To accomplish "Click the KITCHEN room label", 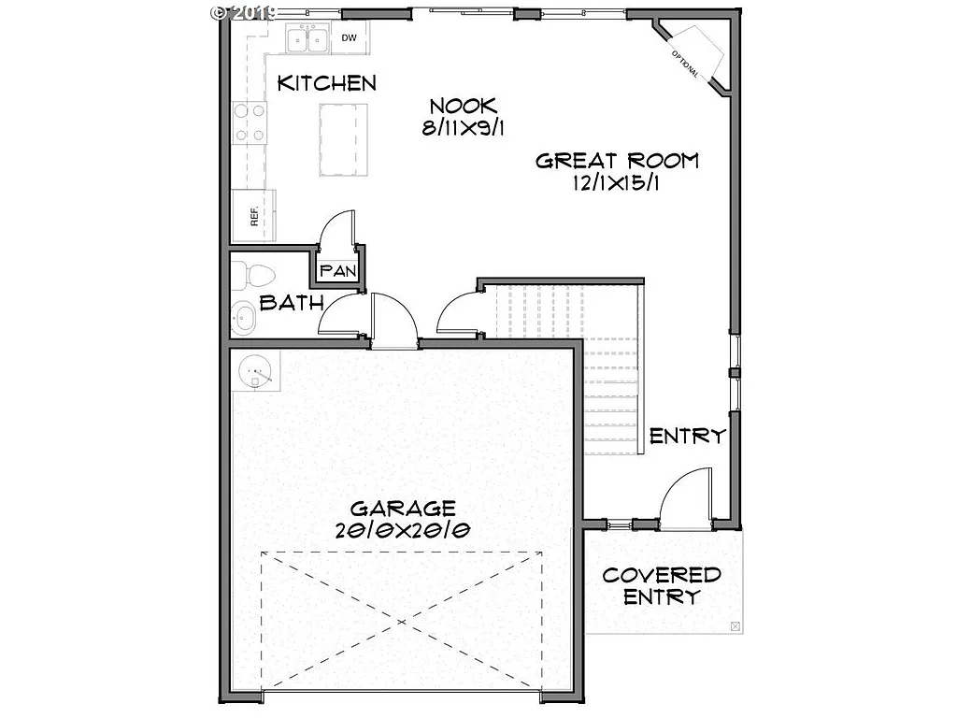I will (x=327, y=83).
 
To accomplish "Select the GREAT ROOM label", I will (x=617, y=161).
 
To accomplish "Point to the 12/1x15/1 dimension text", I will (x=618, y=183).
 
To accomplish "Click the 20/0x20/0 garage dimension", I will (x=403, y=530).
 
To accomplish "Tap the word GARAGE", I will (x=403, y=509).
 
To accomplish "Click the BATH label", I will (x=292, y=303).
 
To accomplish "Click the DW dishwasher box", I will (x=350, y=38).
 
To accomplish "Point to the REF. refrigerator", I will (x=254, y=215).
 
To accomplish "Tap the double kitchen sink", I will (x=307, y=40).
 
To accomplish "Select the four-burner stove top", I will (x=249, y=123).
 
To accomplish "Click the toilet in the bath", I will (x=254, y=275).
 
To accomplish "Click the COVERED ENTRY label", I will (x=662, y=586).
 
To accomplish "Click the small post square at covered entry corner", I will (x=735, y=625).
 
